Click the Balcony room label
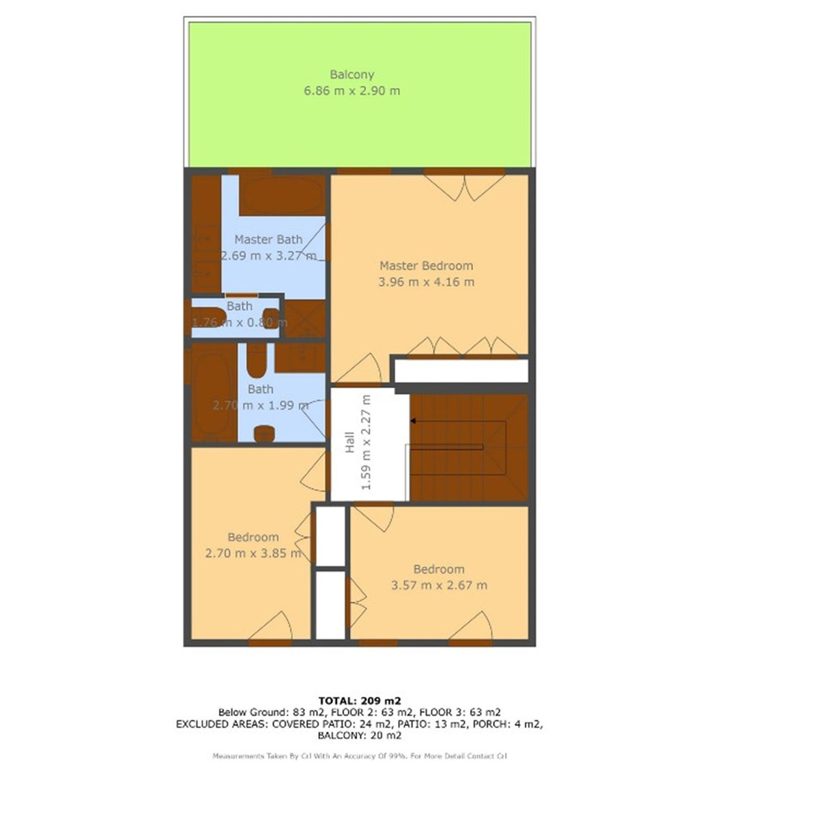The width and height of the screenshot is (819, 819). [351, 74]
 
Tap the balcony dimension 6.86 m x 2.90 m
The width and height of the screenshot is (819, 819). [351, 90]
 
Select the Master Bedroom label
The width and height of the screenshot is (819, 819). [426, 266]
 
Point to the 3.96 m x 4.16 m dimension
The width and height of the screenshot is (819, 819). [426, 281]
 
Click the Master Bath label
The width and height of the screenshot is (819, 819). [268, 240]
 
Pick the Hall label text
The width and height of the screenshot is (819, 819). [349, 442]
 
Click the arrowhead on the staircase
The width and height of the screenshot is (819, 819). [414, 421]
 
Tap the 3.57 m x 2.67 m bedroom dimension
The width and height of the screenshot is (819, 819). [439, 585]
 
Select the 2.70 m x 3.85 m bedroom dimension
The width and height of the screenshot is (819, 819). [253, 553]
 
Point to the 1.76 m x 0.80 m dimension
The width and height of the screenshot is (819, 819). [239, 322]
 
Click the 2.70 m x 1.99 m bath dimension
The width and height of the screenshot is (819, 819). [260, 405]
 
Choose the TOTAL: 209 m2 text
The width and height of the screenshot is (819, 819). [359, 700]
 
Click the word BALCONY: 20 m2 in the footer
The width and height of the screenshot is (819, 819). [359, 736]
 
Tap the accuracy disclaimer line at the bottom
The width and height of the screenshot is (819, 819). [359, 756]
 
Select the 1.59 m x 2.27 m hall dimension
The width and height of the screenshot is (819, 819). [367, 442]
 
